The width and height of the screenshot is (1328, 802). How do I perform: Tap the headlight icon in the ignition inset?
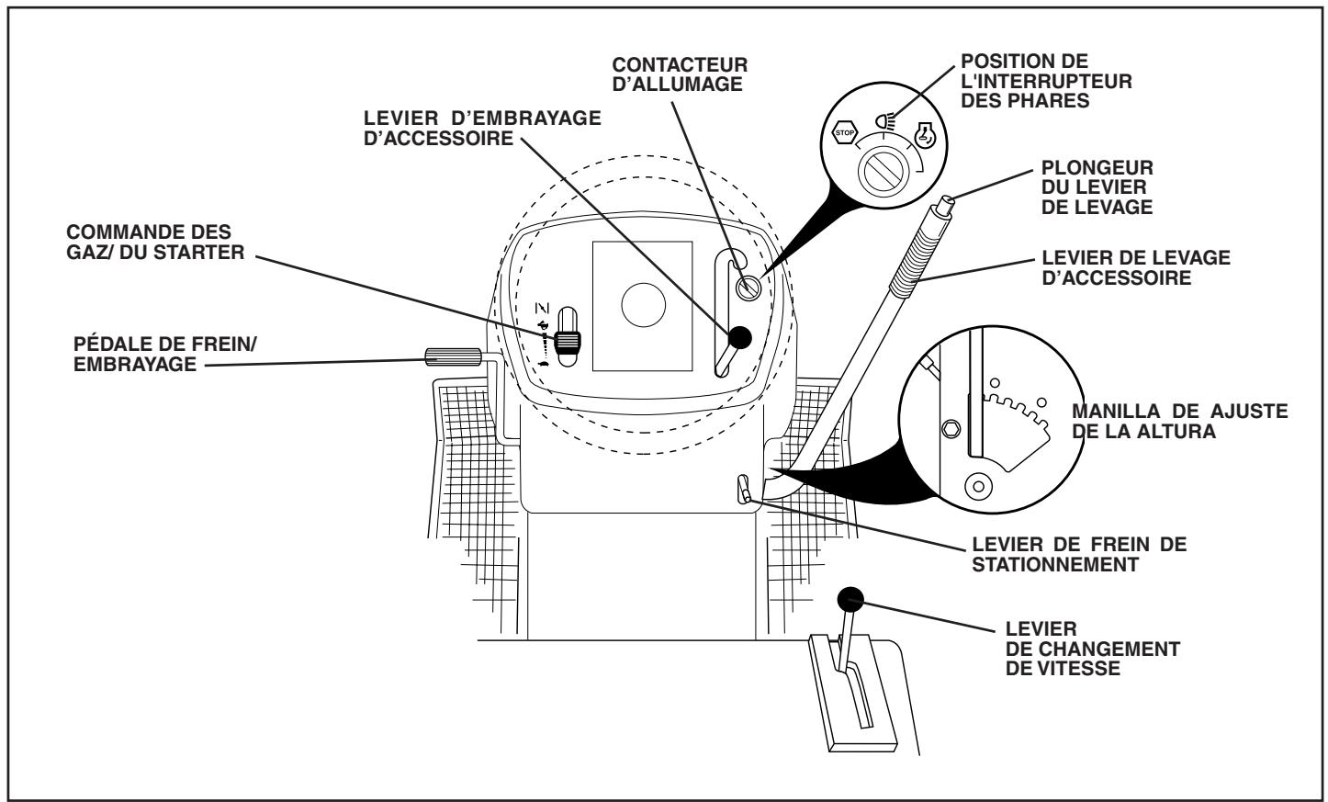pyautogui.click(x=885, y=118)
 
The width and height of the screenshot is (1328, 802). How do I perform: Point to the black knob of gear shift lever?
pyautogui.click(x=850, y=600)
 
